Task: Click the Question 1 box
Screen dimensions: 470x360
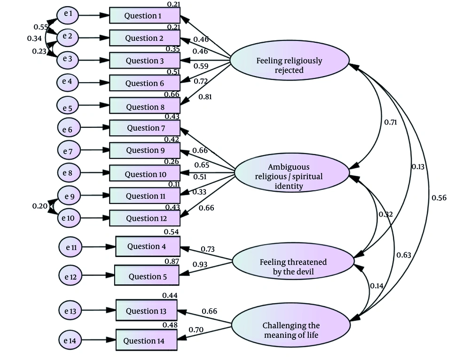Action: point(144,16)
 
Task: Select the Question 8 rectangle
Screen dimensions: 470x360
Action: point(144,106)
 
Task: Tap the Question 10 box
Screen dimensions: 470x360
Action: point(144,173)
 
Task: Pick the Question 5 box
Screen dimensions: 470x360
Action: point(147,275)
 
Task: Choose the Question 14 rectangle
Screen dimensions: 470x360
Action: point(147,340)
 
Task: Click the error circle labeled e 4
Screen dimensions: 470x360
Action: point(68,82)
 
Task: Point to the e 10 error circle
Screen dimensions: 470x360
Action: point(69,218)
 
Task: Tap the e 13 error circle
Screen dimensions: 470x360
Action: point(70,311)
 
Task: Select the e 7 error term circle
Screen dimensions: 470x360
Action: point(69,150)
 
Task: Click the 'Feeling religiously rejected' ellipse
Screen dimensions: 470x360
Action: point(290,61)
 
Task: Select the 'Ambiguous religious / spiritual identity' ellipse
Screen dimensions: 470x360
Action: point(292,172)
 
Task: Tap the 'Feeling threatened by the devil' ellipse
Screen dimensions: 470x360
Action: point(293,262)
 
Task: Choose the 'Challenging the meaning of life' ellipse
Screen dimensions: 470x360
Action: point(291,325)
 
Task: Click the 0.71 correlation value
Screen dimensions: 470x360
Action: point(391,122)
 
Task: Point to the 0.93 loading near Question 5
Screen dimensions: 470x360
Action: point(200,265)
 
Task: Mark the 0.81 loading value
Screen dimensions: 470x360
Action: point(205,97)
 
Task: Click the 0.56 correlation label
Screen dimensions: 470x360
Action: point(439,198)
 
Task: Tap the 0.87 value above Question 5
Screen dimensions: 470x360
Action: point(172,261)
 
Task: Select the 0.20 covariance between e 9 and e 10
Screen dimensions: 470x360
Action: point(40,206)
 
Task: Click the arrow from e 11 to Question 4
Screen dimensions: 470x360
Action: point(99,247)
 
